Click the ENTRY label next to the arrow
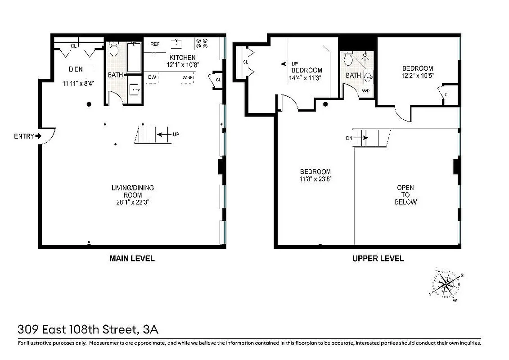point(24,136)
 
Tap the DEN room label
point(76,69)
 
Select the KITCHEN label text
point(182,58)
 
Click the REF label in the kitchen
point(155,44)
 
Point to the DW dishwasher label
point(152,77)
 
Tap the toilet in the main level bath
point(113,49)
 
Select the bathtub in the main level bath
point(134,57)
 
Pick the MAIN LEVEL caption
point(132,258)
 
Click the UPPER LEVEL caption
point(378,258)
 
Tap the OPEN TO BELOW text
point(405,194)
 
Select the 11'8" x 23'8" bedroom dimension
point(315,179)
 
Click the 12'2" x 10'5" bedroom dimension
point(418,76)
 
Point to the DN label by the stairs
point(349,138)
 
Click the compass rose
point(446,284)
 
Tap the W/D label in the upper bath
point(365,90)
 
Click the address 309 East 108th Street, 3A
point(88,330)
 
